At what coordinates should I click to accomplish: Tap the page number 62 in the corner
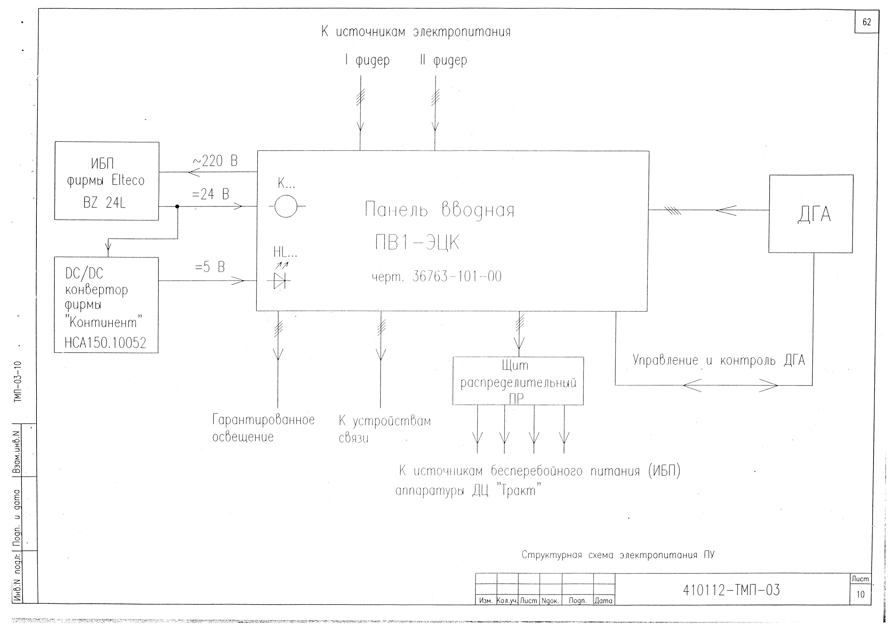(866, 22)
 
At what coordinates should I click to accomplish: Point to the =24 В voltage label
(210, 194)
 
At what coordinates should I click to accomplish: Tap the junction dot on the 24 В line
(177, 207)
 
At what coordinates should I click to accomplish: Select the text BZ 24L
(105, 203)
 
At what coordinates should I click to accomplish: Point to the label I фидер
(367, 60)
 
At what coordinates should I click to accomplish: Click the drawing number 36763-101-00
(457, 277)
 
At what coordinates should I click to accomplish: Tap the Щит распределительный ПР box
(518, 381)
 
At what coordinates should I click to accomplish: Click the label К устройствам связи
(384, 429)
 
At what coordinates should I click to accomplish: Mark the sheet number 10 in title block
(860, 594)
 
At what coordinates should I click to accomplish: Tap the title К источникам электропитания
(416, 32)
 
